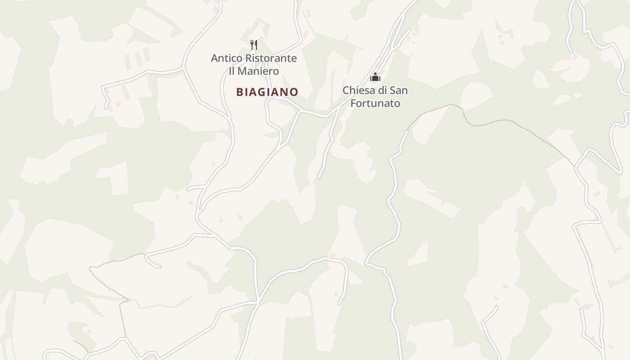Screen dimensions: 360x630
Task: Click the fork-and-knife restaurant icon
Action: (x=254, y=45)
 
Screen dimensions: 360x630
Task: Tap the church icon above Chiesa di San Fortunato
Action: (x=375, y=77)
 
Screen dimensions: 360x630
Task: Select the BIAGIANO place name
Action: (x=267, y=92)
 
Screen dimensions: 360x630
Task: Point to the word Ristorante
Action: (x=270, y=58)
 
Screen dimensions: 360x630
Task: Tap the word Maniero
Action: (x=260, y=71)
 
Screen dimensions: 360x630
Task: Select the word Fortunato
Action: (x=375, y=103)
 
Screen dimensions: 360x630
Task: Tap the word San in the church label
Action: (x=399, y=90)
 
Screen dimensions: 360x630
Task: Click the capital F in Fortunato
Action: (x=353, y=103)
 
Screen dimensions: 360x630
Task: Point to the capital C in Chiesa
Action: (x=346, y=90)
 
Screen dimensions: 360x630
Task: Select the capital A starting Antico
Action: (x=215, y=58)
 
